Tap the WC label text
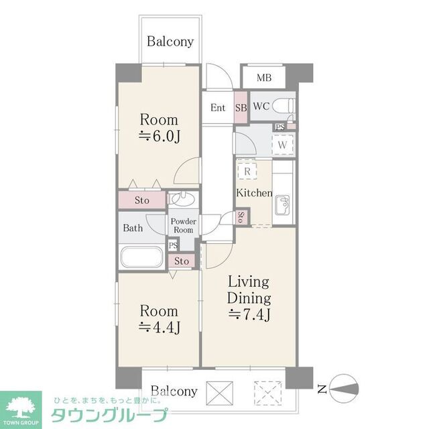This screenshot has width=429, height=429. point(261,106)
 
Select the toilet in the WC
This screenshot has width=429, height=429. point(284,105)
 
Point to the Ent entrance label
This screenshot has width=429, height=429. point(218,108)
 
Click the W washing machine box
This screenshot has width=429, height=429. point(282,144)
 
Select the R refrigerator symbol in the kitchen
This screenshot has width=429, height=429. point(247,172)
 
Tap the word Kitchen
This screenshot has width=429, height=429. point(253,193)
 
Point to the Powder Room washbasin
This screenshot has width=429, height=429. point(182,199)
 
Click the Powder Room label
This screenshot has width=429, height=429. point(183,226)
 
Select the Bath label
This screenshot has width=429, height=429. point(133,228)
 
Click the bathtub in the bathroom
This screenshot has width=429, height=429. point(140,257)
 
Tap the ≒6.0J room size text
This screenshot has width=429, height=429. point(159,137)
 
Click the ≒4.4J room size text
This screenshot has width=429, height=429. point(159,327)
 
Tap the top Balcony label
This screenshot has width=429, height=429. point(170,42)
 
